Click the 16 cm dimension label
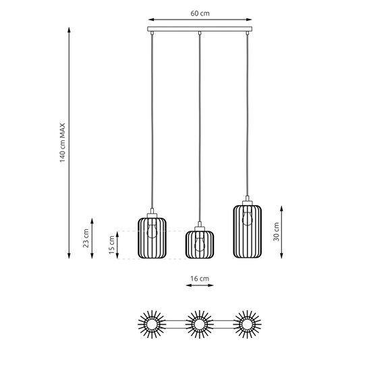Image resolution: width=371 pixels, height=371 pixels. pos(200,277)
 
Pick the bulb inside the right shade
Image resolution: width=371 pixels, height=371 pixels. pos(248,217)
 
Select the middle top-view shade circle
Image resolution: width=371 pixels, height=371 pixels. pos(199,326)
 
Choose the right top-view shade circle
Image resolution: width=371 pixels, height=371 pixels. pos(247,326)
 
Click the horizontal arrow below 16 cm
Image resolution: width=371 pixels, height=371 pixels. pos(200,286)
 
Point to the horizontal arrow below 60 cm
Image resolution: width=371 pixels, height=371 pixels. pos(200,20)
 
